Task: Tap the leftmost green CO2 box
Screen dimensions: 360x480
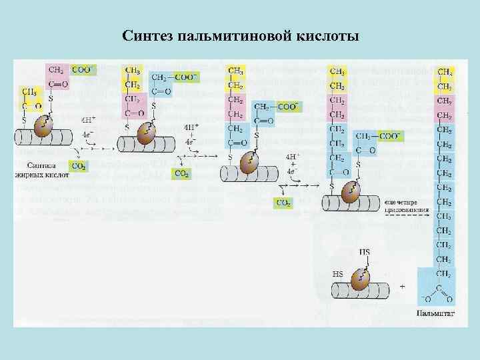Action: click(x=78, y=166)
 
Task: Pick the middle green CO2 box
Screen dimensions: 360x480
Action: click(x=181, y=173)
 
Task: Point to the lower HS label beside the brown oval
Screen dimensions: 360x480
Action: click(x=338, y=273)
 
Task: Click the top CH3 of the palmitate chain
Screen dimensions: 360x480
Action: click(x=444, y=72)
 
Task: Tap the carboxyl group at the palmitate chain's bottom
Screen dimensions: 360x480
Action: click(x=437, y=293)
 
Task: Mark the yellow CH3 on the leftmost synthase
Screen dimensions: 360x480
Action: click(x=29, y=92)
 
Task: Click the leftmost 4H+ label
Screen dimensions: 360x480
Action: click(x=88, y=121)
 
